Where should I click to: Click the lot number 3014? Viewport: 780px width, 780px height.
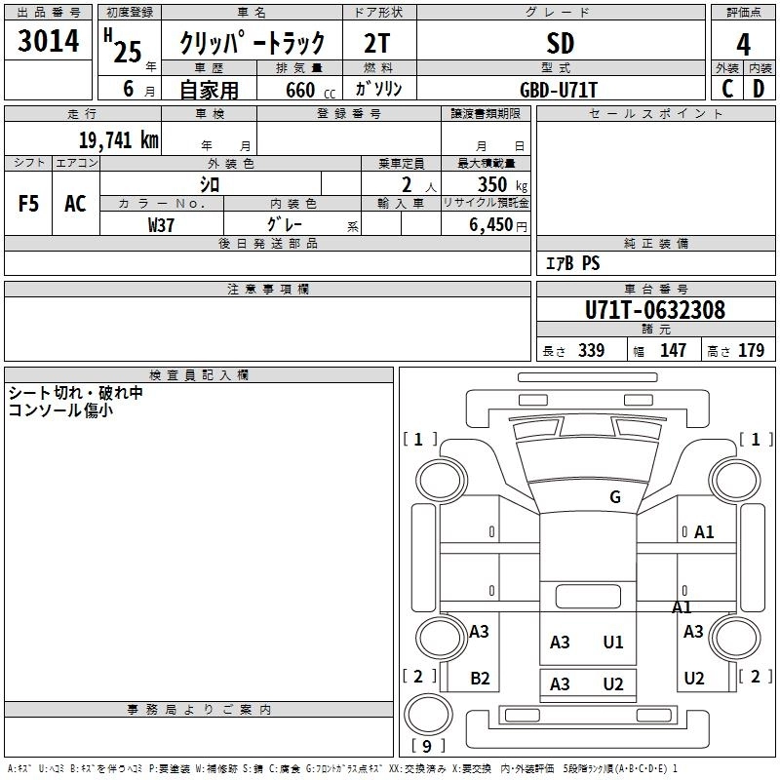49,43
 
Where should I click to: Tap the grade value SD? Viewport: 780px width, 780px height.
561,44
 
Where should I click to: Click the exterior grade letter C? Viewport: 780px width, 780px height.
727,88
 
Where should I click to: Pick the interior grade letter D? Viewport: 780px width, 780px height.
759,88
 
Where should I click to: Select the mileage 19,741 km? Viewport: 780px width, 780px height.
119,139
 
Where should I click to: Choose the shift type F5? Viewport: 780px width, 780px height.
29,204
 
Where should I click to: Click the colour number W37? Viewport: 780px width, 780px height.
161,224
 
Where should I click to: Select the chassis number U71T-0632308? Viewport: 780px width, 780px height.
654,310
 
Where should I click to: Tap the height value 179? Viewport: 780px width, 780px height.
751,351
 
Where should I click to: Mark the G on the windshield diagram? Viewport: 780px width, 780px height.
615,497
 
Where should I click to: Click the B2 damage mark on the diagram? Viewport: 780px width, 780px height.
480,679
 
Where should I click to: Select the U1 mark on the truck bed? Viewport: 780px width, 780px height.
613,642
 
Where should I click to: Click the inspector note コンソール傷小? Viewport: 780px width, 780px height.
60,410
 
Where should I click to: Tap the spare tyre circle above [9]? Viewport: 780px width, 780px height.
426,715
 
